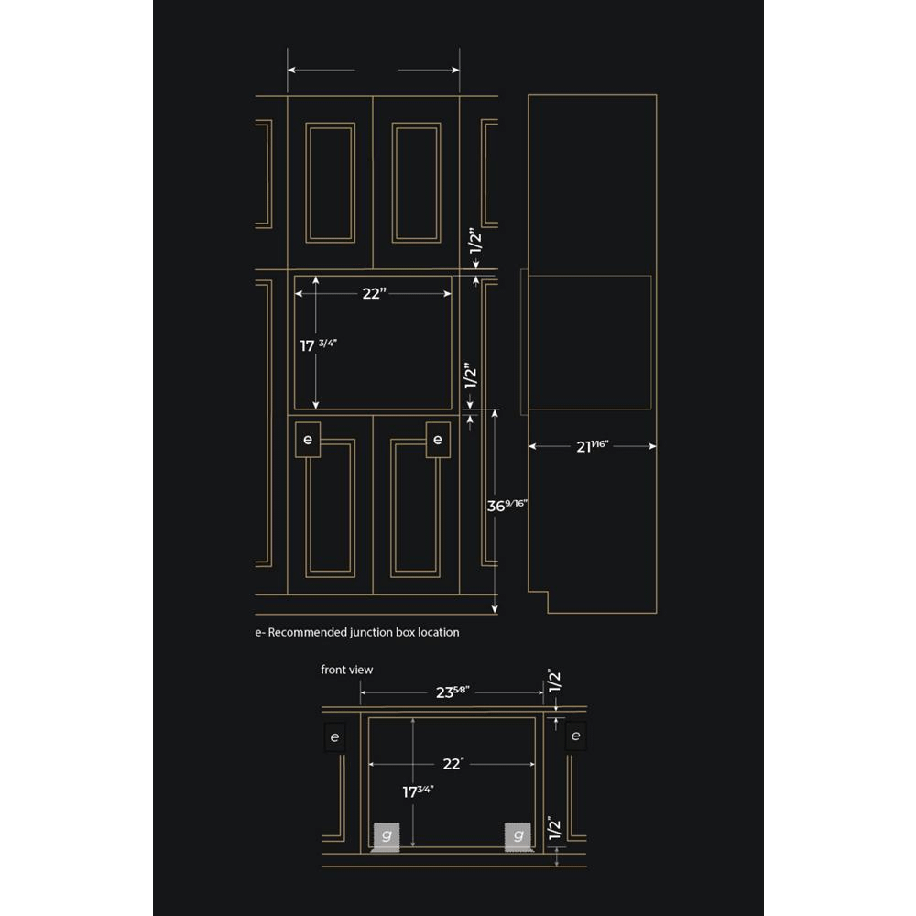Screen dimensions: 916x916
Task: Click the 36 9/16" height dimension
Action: (x=507, y=505)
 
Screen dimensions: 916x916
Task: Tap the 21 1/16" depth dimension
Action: (x=593, y=446)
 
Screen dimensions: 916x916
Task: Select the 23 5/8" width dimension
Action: (x=453, y=692)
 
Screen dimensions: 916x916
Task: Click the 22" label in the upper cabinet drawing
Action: (x=375, y=293)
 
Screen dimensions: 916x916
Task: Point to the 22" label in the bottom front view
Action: (x=453, y=764)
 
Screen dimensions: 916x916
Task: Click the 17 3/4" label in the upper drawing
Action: (x=319, y=345)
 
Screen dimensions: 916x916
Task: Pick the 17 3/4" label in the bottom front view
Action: (x=418, y=791)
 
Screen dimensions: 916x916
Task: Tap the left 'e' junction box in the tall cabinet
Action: (x=308, y=440)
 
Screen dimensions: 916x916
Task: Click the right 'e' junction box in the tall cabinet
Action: (x=438, y=440)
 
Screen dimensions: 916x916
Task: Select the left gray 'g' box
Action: (x=387, y=835)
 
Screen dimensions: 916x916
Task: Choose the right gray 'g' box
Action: (x=518, y=835)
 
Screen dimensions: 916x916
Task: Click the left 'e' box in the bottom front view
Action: (x=334, y=737)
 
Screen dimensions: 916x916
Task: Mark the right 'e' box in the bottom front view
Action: (x=576, y=736)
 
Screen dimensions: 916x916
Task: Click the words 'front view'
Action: (x=346, y=670)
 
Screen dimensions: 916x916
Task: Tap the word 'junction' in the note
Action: (x=371, y=633)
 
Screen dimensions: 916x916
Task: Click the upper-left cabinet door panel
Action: (x=330, y=183)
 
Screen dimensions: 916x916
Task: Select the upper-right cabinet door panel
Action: (x=417, y=183)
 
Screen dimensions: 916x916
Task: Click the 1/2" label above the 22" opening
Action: (x=475, y=240)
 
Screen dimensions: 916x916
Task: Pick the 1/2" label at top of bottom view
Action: (x=555, y=681)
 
